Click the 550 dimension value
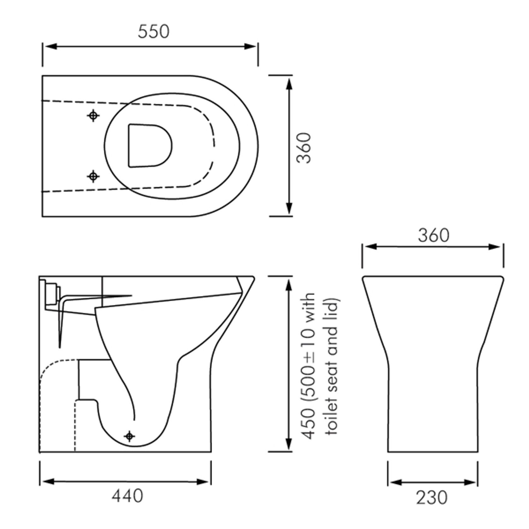click(x=153, y=32)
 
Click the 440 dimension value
click(x=127, y=496)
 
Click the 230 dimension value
click(x=432, y=498)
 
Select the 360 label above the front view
click(x=433, y=235)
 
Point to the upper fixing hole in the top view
click(x=93, y=116)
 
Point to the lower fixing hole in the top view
click(x=93, y=176)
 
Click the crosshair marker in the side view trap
click(x=129, y=436)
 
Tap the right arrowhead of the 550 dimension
click(x=251, y=46)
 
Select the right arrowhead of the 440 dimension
click(x=204, y=482)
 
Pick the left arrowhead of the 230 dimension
click(x=395, y=482)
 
